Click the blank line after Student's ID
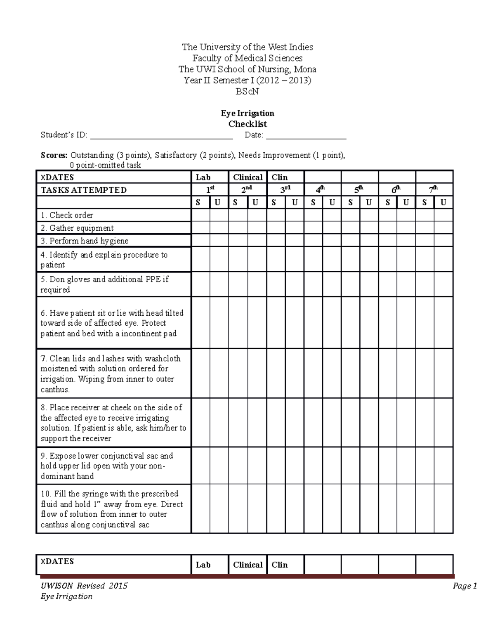[x=161, y=136]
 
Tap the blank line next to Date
[x=306, y=136]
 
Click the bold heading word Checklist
[x=247, y=124]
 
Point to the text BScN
[x=247, y=92]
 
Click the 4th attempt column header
[x=322, y=190]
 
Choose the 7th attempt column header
[x=434, y=190]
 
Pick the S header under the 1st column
[x=198, y=203]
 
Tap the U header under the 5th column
[x=369, y=203]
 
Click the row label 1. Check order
[x=67, y=215]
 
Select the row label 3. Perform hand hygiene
[x=85, y=241]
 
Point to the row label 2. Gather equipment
[x=77, y=228]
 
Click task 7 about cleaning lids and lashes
[x=111, y=374]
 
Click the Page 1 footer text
[x=464, y=586]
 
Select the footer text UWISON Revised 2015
[x=84, y=586]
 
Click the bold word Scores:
[x=54, y=156]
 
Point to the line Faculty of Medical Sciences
[x=247, y=58]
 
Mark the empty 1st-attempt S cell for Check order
[x=200, y=215]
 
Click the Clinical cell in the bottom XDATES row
[x=247, y=565]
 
